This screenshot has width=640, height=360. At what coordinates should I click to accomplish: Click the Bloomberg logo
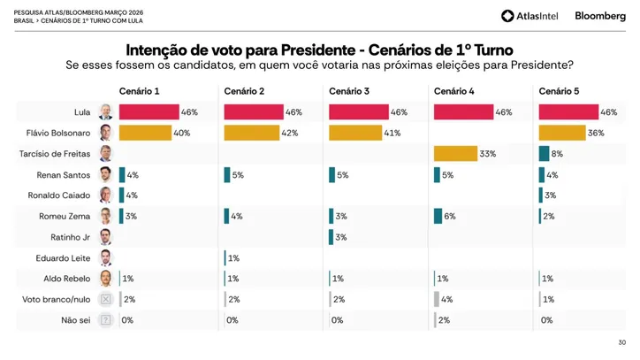pyautogui.click(x=599, y=16)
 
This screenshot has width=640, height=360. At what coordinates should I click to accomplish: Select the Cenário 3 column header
pyautogui.click(x=349, y=91)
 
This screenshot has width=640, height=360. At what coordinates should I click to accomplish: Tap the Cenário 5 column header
pyautogui.click(x=560, y=91)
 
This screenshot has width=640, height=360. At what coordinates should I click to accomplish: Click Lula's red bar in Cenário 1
pyautogui.click(x=149, y=112)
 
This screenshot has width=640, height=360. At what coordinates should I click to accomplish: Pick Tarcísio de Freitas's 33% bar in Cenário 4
pyautogui.click(x=455, y=153)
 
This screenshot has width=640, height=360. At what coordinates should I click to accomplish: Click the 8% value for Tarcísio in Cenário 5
pyautogui.click(x=557, y=154)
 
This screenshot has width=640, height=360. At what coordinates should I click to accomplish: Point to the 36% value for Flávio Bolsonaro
pyautogui.click(x=597, y=133)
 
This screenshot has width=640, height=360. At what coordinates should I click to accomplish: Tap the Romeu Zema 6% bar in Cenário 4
pyautogui.click(x=438, y=216)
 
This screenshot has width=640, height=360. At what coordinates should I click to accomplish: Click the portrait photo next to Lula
pyautogui.click(x=105, y=111)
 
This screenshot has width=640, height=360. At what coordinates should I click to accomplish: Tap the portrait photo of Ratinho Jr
pyautogui.click(x=105, y=237)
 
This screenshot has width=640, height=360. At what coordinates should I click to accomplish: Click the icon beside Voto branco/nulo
pyautogui.click(x=105, y=300)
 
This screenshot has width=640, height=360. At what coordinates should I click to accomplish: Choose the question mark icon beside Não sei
pyautogui.click(x=105, y=320)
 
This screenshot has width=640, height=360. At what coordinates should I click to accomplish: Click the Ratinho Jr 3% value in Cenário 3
pyautogui.click(x=342, y=237)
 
